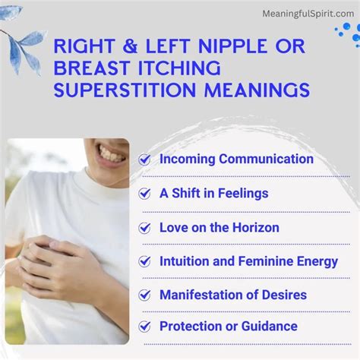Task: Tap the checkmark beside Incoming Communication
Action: point(145,159)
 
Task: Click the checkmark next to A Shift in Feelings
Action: point(145,194)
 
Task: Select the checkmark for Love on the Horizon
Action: point(145,228)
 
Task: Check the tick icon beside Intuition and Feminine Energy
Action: point(145,262)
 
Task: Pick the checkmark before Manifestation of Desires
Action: point(145,295)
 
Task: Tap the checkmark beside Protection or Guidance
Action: point(145,327)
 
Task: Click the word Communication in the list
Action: point(266,159)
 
